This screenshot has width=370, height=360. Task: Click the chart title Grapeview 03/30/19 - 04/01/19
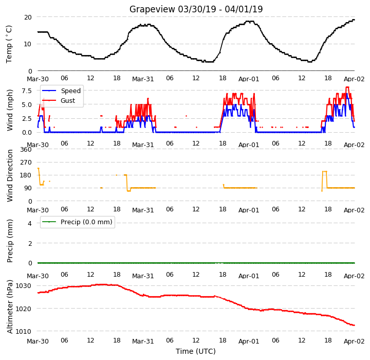196,9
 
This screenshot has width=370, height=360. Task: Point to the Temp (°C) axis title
9,44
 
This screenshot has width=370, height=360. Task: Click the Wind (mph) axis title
9,110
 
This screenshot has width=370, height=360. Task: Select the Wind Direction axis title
10,175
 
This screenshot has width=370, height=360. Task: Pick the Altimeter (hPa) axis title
10,307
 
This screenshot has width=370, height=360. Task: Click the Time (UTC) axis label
196,351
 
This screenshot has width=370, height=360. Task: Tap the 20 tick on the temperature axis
28,17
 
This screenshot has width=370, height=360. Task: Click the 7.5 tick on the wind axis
27,91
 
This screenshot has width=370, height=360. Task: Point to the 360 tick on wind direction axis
26,150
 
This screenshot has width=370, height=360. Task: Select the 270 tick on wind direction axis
26,163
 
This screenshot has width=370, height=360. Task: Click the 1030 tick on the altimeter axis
23,286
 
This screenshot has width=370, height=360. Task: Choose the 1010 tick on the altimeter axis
23,331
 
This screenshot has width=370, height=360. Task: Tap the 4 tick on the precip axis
30,223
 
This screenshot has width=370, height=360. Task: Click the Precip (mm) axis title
10,241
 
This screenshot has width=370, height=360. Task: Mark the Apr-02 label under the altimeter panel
354,341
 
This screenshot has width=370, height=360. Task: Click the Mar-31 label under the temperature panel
143,79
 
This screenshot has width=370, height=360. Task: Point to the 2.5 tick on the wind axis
27,119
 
